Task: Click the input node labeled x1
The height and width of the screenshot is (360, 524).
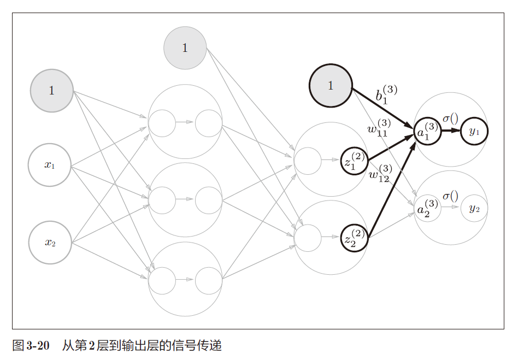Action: click(x=50, y=165)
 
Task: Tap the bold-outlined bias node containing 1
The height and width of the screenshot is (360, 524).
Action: click(x=330, y=86)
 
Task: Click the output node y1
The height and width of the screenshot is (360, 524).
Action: click(x=474, y=131)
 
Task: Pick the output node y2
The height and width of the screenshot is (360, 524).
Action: click(x=474, y=208)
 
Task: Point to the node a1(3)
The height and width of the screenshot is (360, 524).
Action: click(x=427, y=132)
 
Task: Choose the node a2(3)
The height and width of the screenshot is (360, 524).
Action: click(x=427, y=208)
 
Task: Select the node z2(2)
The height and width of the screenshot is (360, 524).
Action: click(x=354, y=238)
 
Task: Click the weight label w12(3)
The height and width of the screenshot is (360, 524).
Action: click(x=379, y=174)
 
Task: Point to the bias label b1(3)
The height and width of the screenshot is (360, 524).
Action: click(x=384, y=93)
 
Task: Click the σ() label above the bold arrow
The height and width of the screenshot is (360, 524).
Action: click(x=450, y=119)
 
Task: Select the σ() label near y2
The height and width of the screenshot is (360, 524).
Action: click(x=450, y=196)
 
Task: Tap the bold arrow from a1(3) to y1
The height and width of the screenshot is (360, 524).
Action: click(x=451, y=131)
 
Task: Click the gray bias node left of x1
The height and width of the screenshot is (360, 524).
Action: click(x=51, y=91)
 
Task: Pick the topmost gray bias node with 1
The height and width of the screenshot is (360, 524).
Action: click(x=185, y=48)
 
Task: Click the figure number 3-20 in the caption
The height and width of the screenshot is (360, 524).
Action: click(x=38, y=346)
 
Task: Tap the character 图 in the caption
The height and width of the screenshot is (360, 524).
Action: click(x=17, y=346)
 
